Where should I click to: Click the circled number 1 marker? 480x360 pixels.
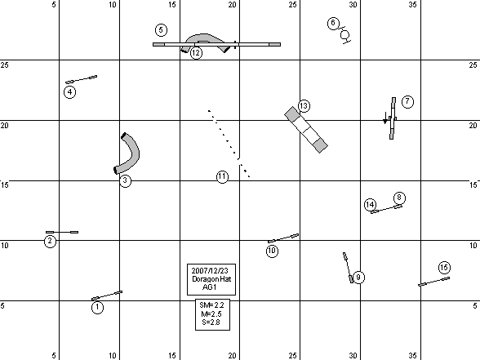[x=97, y=307]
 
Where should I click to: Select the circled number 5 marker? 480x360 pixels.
[x=161, y=30]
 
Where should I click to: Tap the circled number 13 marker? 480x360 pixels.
[x=304, y=106]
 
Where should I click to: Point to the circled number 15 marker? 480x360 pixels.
[x=444, y=268]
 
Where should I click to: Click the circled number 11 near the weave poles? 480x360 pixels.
[x=222, y=177]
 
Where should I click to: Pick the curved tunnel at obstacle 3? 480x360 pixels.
[x=131, y=153]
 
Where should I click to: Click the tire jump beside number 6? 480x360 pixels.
[x=345, y=35]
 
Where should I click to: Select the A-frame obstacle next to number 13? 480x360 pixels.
[x=306, y=130]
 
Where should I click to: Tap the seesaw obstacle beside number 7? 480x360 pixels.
[x=393, y=118]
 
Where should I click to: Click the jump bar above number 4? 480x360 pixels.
[x=81, y=80]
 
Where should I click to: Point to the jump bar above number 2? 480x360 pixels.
[x=62, y=232]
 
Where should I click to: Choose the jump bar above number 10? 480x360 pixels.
[x=283, y=238]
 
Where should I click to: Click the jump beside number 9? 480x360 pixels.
[x=348, y=268]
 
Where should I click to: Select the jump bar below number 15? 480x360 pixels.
[x=433, y=282]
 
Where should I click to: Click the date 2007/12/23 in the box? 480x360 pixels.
[x=210, y=271]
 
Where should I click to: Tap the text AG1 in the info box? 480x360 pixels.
[x=209, y=287]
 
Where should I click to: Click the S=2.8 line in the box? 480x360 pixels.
[x=211, y=322]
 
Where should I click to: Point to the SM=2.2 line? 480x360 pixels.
[x=211, y=305]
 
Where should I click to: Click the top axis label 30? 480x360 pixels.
[x=353, y=5]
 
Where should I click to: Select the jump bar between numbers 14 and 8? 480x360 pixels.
[x=387, y=209]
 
